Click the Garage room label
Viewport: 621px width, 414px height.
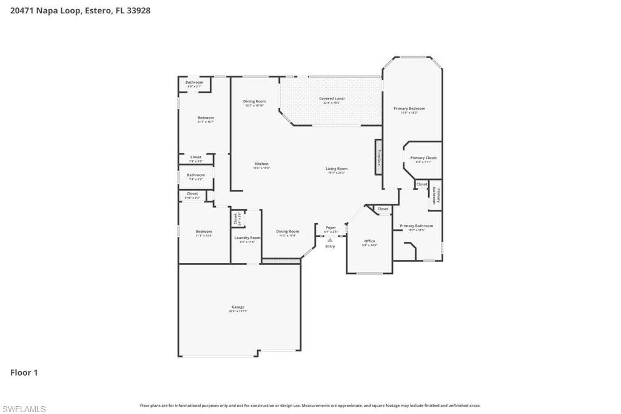point(238,307)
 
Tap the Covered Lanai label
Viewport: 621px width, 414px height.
point(332,98)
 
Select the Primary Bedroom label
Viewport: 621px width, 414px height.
point(409,109)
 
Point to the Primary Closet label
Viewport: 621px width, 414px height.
point(423,158)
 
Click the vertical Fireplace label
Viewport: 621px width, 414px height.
point(379,157)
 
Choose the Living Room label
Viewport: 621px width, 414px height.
point(336,169)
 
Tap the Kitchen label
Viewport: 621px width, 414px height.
point(261,164)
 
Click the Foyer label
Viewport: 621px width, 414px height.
point(331,228)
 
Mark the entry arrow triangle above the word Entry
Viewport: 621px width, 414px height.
point(330,240)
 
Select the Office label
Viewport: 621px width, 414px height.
point(369,241)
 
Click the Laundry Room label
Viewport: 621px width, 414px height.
point(247,238)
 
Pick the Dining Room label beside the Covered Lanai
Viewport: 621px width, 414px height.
point(254,101)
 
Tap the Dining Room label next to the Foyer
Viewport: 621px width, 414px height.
point(287,231)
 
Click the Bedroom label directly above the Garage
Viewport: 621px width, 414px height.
point(204,232)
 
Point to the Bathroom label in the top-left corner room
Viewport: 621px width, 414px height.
point(194,82)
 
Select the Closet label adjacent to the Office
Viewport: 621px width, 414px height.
point(383,209)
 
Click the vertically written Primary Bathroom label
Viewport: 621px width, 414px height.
point(435,195)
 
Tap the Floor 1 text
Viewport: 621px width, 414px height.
point(24,373)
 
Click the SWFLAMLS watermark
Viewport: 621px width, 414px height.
point(24,409)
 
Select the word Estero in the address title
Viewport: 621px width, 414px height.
point(97,10)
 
